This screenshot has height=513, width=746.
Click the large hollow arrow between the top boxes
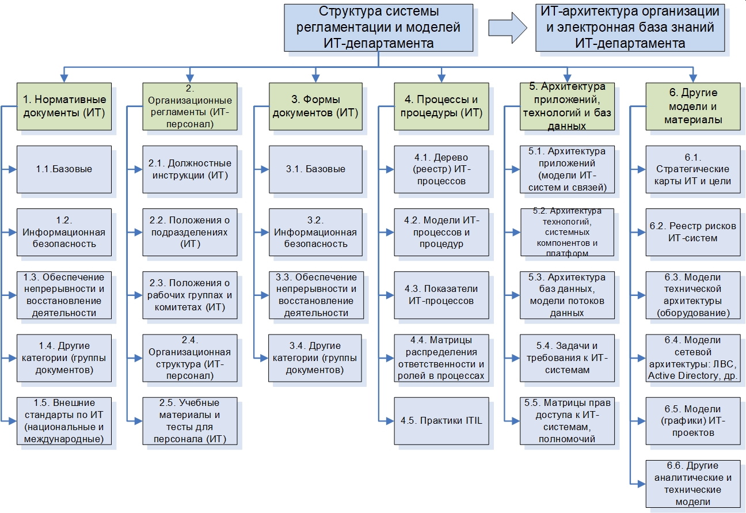coord(507,27)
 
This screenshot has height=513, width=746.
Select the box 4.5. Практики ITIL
coord(441,420)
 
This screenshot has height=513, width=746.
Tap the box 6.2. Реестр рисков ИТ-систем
coord(692,232)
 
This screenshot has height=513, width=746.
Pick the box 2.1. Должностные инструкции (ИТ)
coord(190,169)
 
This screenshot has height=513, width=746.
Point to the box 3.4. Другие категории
coord(315,358)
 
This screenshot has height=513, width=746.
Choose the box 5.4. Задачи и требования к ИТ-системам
coord(567,358)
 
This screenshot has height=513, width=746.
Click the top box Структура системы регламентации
coord(378,27)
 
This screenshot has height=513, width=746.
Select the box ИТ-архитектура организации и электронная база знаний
coord(629,27)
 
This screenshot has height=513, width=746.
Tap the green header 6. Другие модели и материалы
coord(692,106)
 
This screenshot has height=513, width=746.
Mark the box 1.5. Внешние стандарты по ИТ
coord(63,421)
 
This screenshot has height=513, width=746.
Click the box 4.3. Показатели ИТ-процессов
coord(441,295)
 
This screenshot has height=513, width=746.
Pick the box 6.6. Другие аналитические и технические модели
coord(692,483)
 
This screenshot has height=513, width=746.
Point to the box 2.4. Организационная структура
coord(190,358)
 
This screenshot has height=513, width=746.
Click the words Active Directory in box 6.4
coord(680,375)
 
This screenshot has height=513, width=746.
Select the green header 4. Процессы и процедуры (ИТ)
coord(441,106)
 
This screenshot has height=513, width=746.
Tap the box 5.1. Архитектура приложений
coord(567,169)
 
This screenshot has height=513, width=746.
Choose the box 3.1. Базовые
coord(315,169)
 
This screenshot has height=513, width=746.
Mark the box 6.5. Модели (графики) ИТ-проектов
coord(692,421)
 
